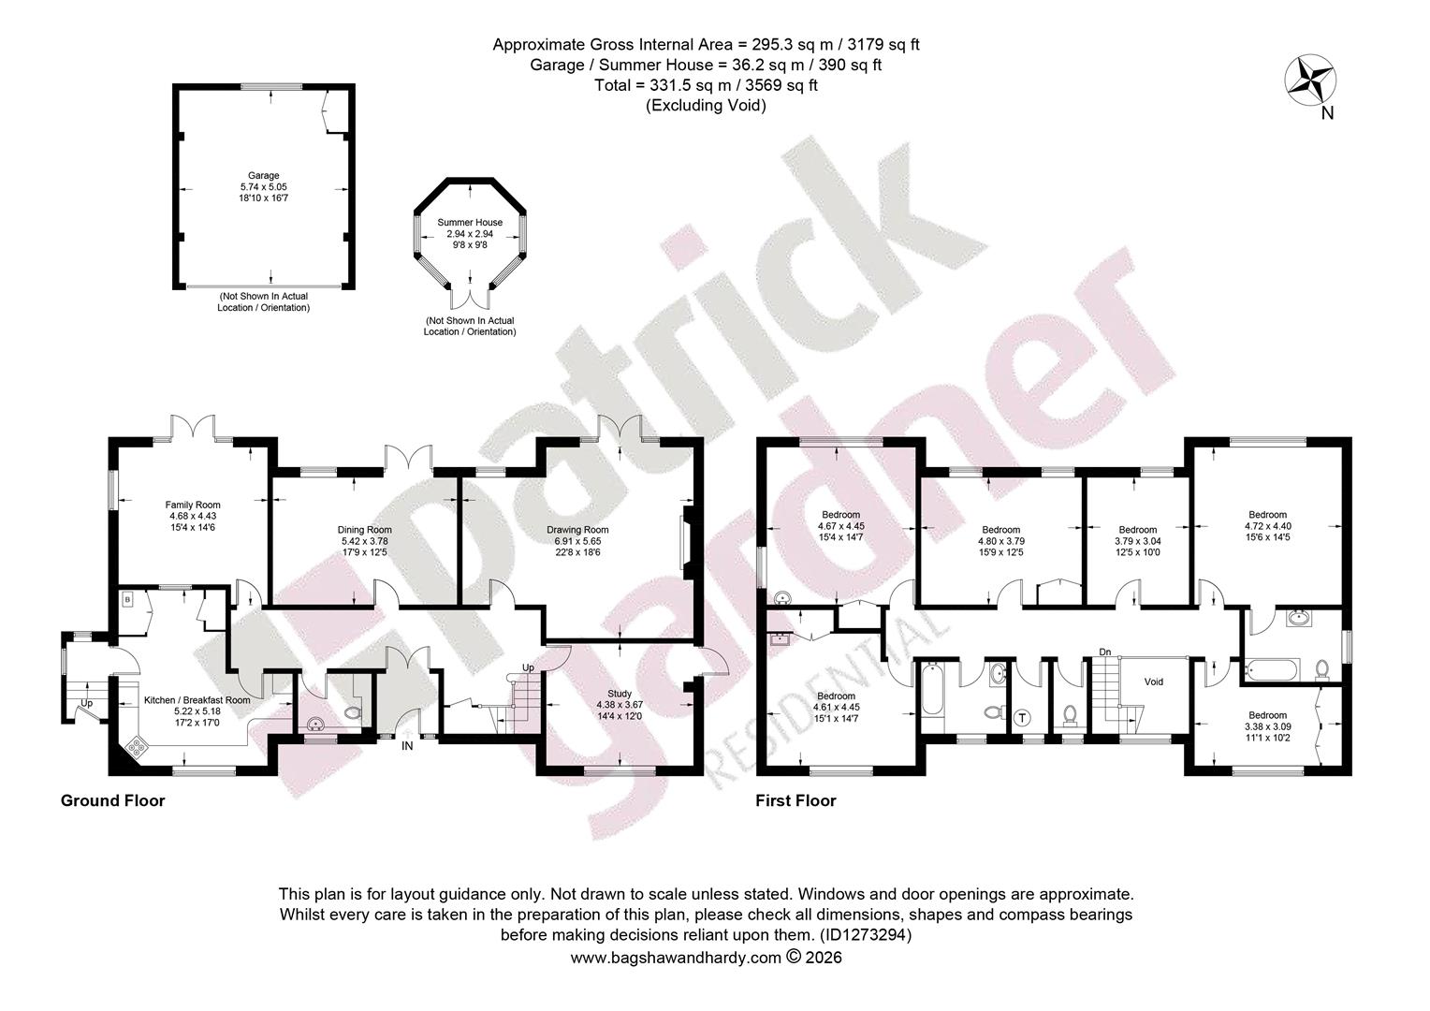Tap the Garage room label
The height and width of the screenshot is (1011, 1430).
pos(264,175)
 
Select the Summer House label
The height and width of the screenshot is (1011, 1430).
pos(470,222)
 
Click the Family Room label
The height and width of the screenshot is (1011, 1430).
pos(193,505)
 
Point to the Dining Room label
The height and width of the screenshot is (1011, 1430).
pos(365,530)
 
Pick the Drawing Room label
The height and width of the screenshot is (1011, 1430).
pos(577,530)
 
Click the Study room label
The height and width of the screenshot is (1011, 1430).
pos(620,694)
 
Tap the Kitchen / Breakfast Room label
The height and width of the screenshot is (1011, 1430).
pos(197,700)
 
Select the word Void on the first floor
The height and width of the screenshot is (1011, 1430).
pos(1154,681)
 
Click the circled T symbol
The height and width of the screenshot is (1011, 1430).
pos(1023,718)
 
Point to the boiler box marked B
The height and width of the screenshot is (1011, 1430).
pos(127,600)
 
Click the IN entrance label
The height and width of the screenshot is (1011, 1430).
pos(407,745)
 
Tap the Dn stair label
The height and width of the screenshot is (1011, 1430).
pos(1105,652)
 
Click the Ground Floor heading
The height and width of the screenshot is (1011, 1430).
pos(113,801)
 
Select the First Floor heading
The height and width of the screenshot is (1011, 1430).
pos(796,801)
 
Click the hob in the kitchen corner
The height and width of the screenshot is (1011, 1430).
pos(137,747)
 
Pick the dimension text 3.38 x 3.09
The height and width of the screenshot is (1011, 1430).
pos(1267,726)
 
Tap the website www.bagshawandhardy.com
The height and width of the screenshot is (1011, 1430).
pos(676,958)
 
